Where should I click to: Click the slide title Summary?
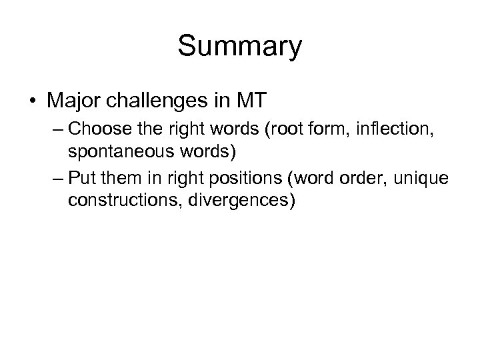pos(240,47)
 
